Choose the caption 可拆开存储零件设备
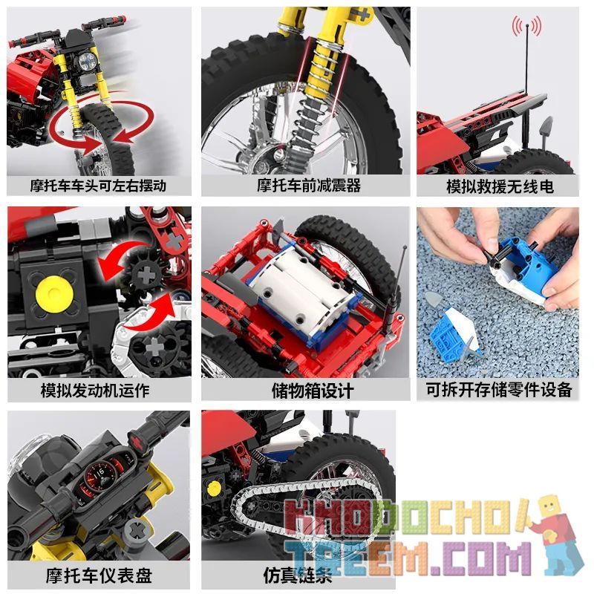click(x=499, y=390)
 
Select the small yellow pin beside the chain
click(x=215, y=489)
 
